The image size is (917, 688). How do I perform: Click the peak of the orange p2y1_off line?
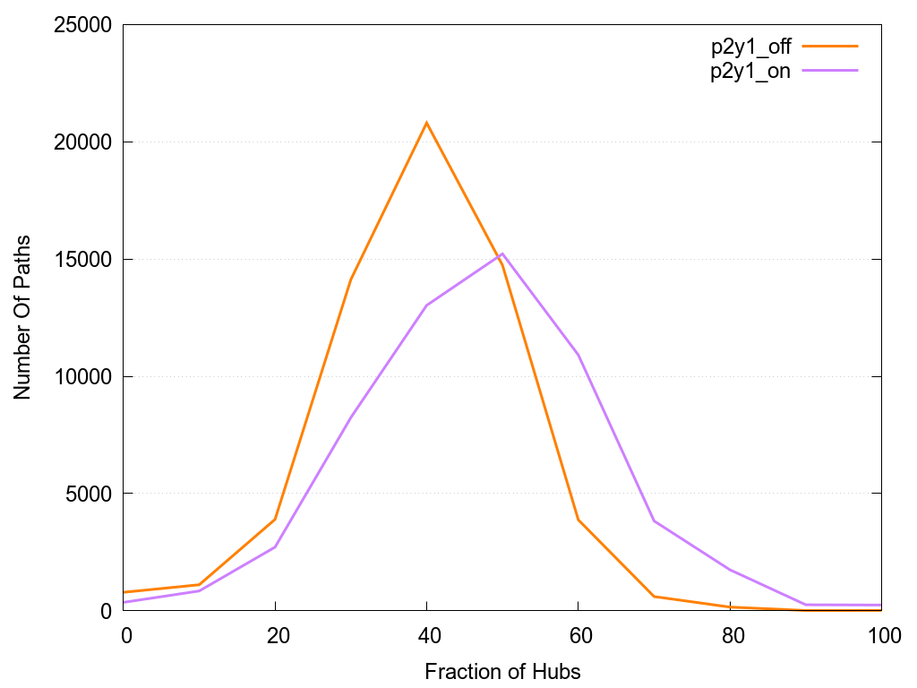[x=426, y=122]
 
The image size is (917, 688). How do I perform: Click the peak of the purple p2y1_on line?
[x=502, y=254]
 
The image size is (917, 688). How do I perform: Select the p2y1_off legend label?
[x=750, y=47]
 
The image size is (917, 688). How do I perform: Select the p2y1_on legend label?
[x=750, y=72]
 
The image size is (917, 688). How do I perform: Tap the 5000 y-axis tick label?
[x=86, y=494]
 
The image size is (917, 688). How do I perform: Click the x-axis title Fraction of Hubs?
[x=502, y=671]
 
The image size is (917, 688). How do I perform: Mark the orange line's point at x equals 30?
[x=351, y=279]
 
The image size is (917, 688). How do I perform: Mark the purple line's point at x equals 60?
[x=578, y=356]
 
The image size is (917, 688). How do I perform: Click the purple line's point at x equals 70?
[x=655, y=520]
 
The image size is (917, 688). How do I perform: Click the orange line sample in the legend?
[x=830, y=46]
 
